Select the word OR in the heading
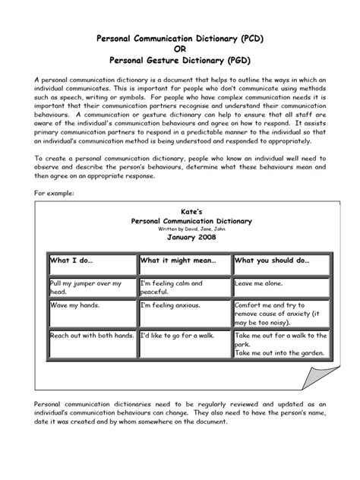pos(179,47)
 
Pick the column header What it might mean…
pos(177,261)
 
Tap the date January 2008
pos(180,236)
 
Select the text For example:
pos(55,194)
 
